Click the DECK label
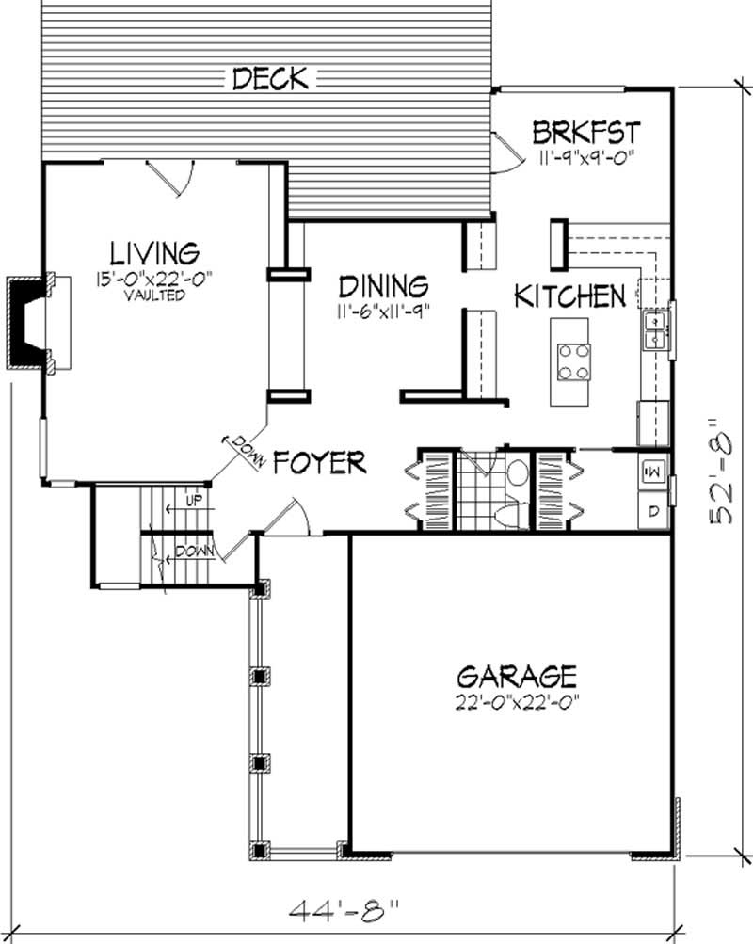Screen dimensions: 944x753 pyautogui.click(x=269, y=79)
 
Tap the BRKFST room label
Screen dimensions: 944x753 pyautogui.click(x=586, y=131)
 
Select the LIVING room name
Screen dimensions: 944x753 pyautogui.click(x=154, y=253)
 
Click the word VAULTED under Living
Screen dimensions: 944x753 pyautogui.click(x=154, y=295)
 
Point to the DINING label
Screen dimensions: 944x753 pyautogui.click(x=384, y=285)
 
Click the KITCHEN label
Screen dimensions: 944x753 pyautogui.click(x=569, y=296)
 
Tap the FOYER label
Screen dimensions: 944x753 pyautogui.click(x=320, y=462)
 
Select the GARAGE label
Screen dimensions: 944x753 pyautogui.click(x=516, y=676)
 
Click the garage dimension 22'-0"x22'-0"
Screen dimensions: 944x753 pyautogui.click(x=516, y=700)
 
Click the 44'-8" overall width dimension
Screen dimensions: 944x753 pyautogui.click(x=343, y=909)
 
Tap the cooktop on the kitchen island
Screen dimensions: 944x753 pyautogui.click(x=573, y=360)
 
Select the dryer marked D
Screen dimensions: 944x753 pyautogui.click(x=653, y=512)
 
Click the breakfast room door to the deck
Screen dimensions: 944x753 pyautogui.click(x=505, y=153)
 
